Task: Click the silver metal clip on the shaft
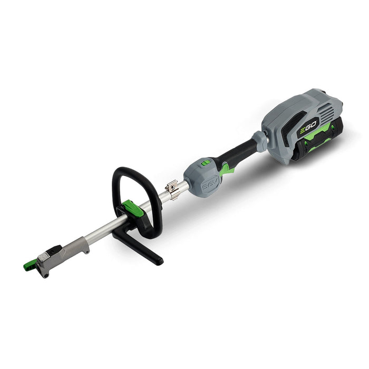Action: (x=173, y=189)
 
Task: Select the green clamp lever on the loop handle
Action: (x=133, y=208)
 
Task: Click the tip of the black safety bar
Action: (x=160, y=261)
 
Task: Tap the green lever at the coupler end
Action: (x=30, y=266)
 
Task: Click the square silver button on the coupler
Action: (x=43, y=257)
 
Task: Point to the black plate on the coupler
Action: (x=55, y=250)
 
